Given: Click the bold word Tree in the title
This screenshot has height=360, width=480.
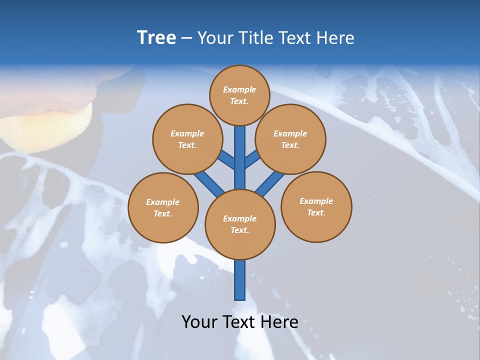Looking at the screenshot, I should [x=156, y=37].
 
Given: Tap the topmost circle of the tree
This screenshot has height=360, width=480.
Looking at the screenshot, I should [x=239, y=95].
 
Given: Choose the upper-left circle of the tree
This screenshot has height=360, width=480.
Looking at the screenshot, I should [x=187, y=139].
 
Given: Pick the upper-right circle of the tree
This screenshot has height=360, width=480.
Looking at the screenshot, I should [x=290, y=139].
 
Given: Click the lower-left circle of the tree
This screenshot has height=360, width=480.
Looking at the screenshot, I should [x=163, y=207].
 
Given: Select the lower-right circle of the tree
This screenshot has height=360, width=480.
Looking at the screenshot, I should [x=316, y=206].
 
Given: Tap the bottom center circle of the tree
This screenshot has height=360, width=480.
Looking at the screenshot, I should [x=240, y=224].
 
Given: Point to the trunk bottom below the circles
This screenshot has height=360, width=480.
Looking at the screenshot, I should [x=240, y=282].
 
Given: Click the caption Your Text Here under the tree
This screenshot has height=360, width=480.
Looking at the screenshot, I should [x=240, y=321].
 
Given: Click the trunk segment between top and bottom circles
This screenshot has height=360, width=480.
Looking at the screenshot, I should [x=240, y=157].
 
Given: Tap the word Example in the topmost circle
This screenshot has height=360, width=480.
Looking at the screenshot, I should [x=239, y=89].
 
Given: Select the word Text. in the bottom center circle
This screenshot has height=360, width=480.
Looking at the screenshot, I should [x=239, y=230].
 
